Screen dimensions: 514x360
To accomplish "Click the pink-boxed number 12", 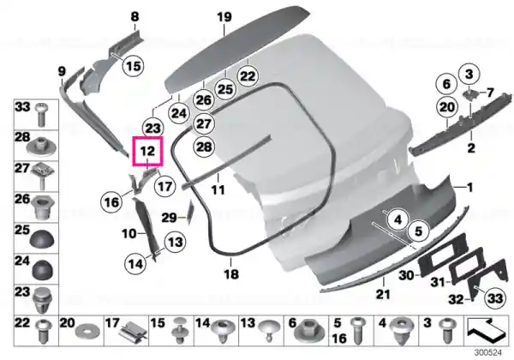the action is tap(147, 151).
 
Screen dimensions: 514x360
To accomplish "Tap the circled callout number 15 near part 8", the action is tap(133, 66).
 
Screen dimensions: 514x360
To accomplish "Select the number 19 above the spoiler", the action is tap(224, 17).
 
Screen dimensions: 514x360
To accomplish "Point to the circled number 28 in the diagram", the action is tap(204, 147).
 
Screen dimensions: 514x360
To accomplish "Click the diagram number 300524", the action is tap(488, 352).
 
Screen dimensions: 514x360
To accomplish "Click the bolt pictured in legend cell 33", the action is tap(42, 114).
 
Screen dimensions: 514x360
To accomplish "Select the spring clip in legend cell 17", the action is tap(132, 333).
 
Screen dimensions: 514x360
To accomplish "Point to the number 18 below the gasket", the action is tap(231, 273).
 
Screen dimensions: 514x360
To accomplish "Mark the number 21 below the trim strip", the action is tap(383, 294).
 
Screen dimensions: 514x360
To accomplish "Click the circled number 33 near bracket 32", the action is tap(495, 298).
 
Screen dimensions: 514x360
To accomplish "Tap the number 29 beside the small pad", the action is tap(169, 218).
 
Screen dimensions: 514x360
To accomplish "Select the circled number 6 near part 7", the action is tap(446, 84).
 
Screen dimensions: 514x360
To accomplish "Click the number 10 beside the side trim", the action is tap(128, 234).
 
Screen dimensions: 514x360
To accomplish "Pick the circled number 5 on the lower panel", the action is tap(419, 231).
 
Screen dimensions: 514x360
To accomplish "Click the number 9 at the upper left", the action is tap(62, 71).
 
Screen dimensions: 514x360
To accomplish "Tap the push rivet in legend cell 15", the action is tap(179, 330).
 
